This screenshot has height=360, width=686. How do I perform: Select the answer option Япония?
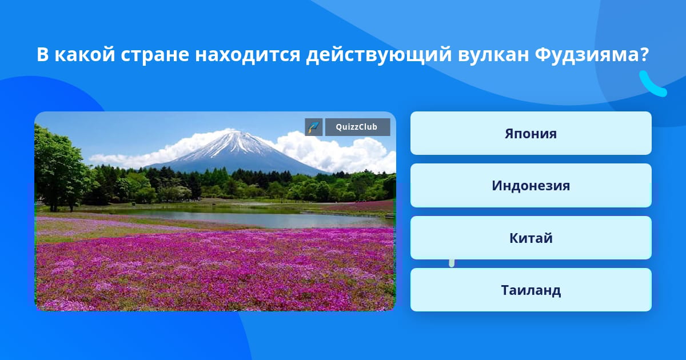531,133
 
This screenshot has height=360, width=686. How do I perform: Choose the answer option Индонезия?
531,186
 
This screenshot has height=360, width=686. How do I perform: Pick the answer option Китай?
531,238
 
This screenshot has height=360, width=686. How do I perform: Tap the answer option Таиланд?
531,290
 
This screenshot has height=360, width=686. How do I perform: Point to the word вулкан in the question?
493,54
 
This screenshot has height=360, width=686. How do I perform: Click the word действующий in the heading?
378,55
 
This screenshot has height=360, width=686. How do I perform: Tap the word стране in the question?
155,55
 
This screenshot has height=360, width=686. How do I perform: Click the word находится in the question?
248,55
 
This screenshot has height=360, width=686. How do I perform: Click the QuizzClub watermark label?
357,127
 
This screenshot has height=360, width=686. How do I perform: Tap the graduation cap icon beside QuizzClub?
314,127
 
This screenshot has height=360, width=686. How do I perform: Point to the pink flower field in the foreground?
214,273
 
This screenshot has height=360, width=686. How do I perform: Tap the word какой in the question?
85,54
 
